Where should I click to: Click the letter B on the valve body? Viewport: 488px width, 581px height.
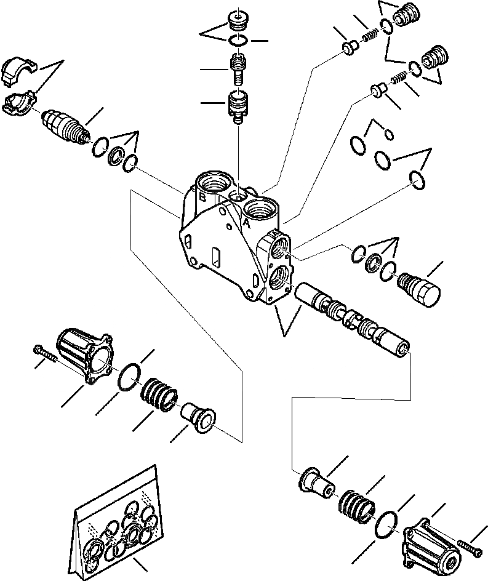[x=202, y=198]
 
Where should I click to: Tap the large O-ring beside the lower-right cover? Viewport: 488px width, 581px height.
[x=389, y=523]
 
